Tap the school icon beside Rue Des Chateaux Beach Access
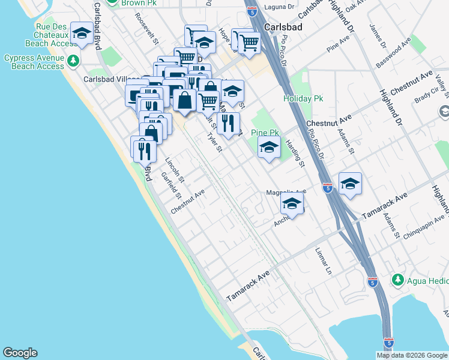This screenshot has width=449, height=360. pos(82,34)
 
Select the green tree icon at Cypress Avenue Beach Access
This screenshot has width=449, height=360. pos(73,61)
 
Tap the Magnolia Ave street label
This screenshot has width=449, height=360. pos(286,193)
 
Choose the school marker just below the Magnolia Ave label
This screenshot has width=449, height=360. pos(292,205)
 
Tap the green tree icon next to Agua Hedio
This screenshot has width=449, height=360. pos(397,280)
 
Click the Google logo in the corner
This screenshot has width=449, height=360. pos(20,353)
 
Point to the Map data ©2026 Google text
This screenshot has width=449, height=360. pos(412,355)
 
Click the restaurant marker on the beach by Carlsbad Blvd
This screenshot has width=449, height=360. pos(142,148)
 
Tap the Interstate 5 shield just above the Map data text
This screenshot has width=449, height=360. pos(388,342)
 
